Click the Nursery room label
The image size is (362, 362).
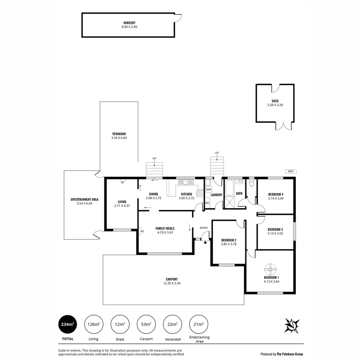tap(129, 22)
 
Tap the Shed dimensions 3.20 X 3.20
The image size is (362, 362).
tap(275, 105)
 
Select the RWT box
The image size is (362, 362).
tap(291, 171)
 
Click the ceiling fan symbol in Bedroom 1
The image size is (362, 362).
tap(270, 269)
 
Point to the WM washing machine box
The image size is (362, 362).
tap(209, 190)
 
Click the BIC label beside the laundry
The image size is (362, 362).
tap(207, 203)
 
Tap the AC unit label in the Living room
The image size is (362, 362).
tap(123, 182)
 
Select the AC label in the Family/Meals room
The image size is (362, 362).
tap(142, 231)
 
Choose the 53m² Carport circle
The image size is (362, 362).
tap(146, 324)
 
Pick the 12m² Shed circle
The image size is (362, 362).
tap(120, 324)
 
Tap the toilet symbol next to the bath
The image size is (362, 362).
tap(251, 183)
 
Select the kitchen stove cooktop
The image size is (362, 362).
tap(200, 193)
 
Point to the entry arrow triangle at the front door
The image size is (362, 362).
tap(205, 242)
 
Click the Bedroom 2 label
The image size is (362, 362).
tap(229, 240)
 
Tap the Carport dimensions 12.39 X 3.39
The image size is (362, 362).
tap(172, 283)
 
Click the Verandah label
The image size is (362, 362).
tap(119, 134)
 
